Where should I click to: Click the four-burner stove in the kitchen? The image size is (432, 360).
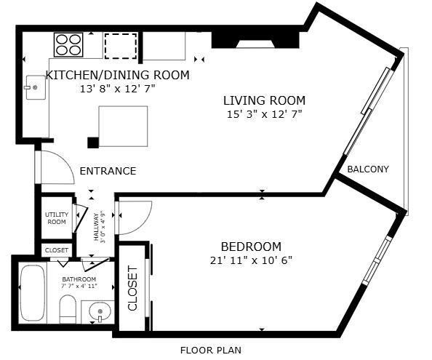[68, 44]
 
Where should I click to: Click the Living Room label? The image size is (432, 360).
[264, 100]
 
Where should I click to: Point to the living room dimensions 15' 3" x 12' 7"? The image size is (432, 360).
[264, 113]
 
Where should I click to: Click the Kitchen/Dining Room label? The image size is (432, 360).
[118, 75]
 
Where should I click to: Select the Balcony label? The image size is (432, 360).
[367, 169]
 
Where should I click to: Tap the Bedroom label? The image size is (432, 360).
[251, 247]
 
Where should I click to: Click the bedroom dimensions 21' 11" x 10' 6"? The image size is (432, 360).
[251, 260]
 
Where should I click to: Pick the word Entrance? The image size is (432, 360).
[108, 172]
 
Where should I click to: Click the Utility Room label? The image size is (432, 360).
[56, 218]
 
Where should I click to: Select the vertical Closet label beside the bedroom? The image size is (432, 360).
[133, 288]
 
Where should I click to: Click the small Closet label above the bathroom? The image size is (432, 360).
[57, 250]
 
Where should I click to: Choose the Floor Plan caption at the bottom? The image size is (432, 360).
[211, 350]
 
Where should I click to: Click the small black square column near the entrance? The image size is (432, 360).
[92, 142]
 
